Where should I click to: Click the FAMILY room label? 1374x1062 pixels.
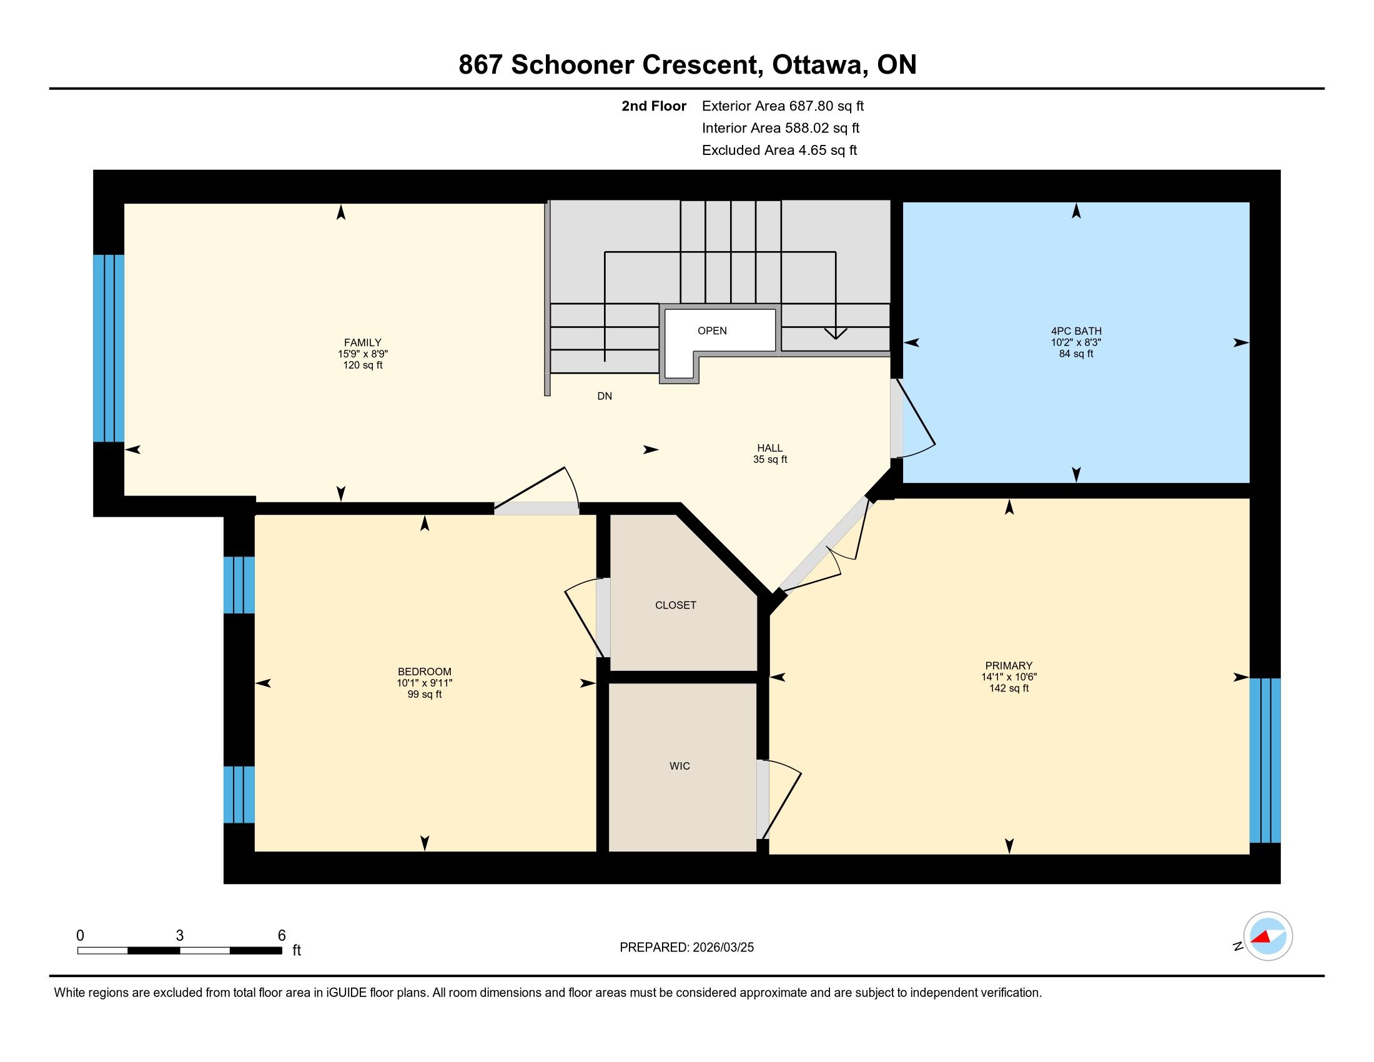pos(362,343)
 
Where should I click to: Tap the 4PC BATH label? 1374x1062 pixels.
pos(1076,331)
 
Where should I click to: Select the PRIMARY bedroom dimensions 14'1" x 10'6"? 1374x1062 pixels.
pos(1009,677)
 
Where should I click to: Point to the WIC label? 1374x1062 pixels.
pos(680,766)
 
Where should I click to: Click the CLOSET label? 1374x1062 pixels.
pos(676,605)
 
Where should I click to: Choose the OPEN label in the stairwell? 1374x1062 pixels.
pos(712,331)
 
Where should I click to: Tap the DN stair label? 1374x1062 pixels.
pos(605,396)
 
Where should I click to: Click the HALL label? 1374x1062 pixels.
pos(769,448)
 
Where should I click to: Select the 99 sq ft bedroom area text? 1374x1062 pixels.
pos(425,695)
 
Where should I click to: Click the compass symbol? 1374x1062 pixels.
pos(1268,936)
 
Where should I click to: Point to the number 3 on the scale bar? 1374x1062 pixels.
pos(180,936)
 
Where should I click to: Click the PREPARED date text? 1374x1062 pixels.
pos(686,948)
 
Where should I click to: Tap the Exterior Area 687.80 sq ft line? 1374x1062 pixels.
pos(783,106)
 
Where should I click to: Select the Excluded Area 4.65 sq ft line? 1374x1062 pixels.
pos(779,151)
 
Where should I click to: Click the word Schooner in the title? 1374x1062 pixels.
pos(572,65)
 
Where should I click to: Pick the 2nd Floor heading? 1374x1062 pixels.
pos(654,106)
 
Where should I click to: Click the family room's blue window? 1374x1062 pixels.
pos(109,349)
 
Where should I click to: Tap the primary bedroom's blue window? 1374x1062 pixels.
pos(1265,760)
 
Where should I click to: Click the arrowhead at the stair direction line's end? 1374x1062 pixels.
pos(836,334)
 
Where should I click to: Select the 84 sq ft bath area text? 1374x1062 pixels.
pos(1076,354)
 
